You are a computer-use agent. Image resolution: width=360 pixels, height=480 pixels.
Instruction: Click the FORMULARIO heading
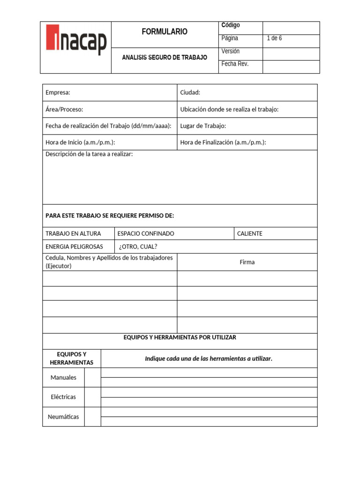[165, 32]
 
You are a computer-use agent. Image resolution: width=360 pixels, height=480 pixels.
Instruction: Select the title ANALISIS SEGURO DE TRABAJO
[165, 58]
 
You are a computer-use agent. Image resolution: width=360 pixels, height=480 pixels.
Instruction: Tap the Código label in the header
[231, 25]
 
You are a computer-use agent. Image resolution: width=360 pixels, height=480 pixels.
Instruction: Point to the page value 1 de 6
[274, 38]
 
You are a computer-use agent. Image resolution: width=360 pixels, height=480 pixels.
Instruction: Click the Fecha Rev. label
[235, 64]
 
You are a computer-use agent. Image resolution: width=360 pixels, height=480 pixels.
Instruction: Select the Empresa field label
[58, 93]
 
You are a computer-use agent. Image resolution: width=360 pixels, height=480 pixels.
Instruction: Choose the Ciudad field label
[190, 93]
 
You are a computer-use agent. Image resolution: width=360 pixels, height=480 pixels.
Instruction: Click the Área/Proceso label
[64, 110]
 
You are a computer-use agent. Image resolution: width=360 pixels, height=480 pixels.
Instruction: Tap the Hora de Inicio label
[80, 142]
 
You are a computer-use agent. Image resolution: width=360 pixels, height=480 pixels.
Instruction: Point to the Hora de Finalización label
[223, 142]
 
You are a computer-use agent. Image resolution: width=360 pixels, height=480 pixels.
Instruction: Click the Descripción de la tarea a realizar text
[89, 154]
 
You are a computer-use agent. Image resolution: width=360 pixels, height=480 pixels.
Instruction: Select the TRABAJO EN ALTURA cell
[73, 233]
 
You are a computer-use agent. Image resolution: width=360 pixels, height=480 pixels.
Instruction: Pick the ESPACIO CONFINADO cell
[146, 233]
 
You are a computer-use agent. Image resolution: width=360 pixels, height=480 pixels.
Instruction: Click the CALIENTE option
[250, 233]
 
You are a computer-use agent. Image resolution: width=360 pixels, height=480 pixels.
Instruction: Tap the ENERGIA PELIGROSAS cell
[74, 247]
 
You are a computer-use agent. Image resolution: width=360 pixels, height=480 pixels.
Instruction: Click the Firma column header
[247, 262]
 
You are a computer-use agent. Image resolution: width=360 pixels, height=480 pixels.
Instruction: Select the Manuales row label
[63, 377]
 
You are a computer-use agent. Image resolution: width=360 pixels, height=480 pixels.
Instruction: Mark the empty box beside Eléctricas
[93, 397]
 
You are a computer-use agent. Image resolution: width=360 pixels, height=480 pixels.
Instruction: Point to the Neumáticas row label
[63, 417]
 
